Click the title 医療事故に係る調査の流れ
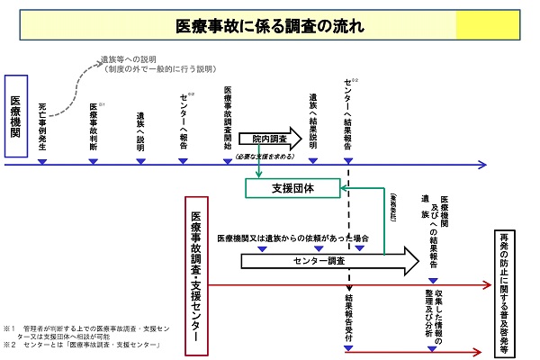[270, 25]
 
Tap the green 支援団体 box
[292, 188]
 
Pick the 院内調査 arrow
[270, 139]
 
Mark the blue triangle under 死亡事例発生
[41, 162]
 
